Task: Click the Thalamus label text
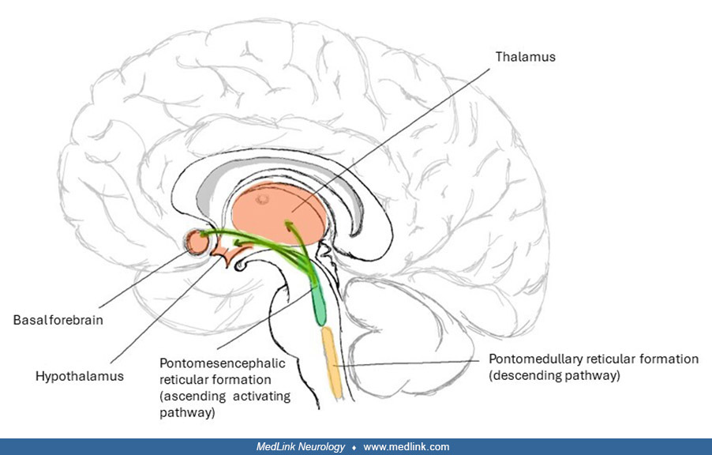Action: [x=525, y=57]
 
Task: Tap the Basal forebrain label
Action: [x=58, y=321]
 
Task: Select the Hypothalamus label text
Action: [x=80, y=376]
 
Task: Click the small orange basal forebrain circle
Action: [x=195, y=243]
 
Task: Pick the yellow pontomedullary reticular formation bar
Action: [x=330, y=359]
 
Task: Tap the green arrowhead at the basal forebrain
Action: [x=204, y=235]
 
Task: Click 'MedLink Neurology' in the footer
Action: [x=301, y=447]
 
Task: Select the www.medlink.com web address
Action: [x=407, y=447]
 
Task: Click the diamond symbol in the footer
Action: [x=354, y=447]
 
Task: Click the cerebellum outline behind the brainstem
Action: [x=410, y=332]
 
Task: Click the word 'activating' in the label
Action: [x=265, y=396]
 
